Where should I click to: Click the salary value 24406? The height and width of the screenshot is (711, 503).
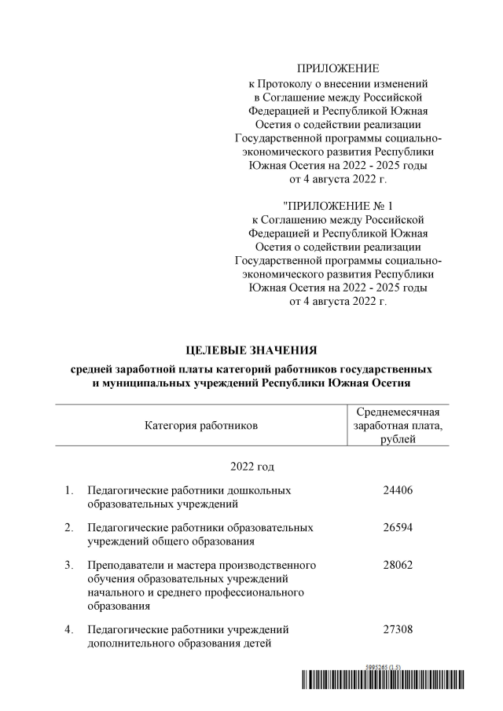pos(397,490)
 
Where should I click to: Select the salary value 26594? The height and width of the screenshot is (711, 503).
pos(397,527)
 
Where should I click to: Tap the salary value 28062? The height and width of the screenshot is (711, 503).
pos(397,565)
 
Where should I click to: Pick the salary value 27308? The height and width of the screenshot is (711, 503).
pos(397,629)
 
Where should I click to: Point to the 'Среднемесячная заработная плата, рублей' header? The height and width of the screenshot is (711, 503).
pos(397,426)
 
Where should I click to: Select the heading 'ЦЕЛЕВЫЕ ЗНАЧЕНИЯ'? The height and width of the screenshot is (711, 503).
pos(251,349)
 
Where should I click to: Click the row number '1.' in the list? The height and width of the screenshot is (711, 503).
pos(70,490)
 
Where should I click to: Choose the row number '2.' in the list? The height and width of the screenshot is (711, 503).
pos(70,527)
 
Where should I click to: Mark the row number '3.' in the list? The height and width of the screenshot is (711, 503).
pos(70,565)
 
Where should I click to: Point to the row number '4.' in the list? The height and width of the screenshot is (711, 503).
pos(70,629)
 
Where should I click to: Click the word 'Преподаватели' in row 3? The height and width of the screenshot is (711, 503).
pos(123,565)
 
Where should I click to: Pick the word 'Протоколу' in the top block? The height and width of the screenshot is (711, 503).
pos(287,82)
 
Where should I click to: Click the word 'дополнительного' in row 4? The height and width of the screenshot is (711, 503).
pos(130,644)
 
